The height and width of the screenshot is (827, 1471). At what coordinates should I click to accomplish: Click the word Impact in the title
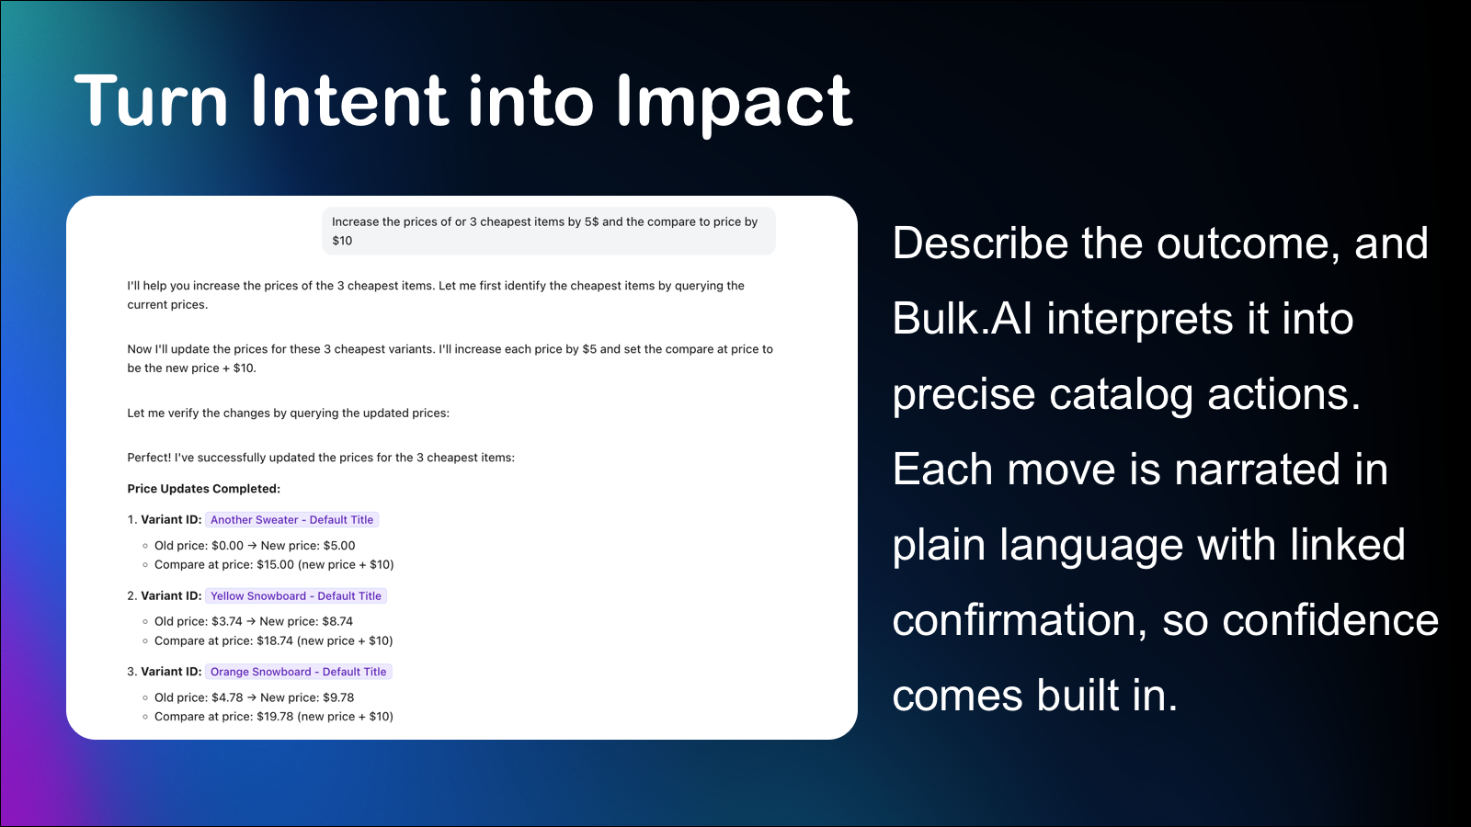click(x=734, y=103)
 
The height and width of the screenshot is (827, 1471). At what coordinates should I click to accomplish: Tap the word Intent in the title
click(x=348, y=101)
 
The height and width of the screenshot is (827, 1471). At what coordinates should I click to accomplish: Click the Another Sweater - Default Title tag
click(x=291, y=520)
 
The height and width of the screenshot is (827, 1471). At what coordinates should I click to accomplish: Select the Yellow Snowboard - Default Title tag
click(x=295, y=596)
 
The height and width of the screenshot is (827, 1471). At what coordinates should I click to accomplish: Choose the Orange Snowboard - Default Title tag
click(x=298, y=672)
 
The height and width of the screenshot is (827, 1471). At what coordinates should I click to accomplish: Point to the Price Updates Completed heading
click(x=203, y=489)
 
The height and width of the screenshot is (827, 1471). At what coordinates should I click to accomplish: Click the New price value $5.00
click(x=338, y=546)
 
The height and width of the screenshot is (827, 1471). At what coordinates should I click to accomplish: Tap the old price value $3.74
click(x=226, y=622)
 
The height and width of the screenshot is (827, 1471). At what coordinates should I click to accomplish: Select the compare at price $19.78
click(x=275, y=717)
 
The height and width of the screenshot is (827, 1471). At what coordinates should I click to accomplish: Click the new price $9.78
click(x=337, y=697)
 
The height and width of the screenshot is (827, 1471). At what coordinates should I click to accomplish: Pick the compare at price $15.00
click(x=275, y=565)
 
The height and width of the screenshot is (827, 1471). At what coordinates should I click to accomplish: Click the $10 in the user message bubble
click(x=342, y=241)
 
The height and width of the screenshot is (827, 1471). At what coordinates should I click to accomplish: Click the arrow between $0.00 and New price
click(x=252, y=546)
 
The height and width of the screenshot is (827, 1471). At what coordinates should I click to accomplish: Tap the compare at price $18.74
click(x=275, y=641)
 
